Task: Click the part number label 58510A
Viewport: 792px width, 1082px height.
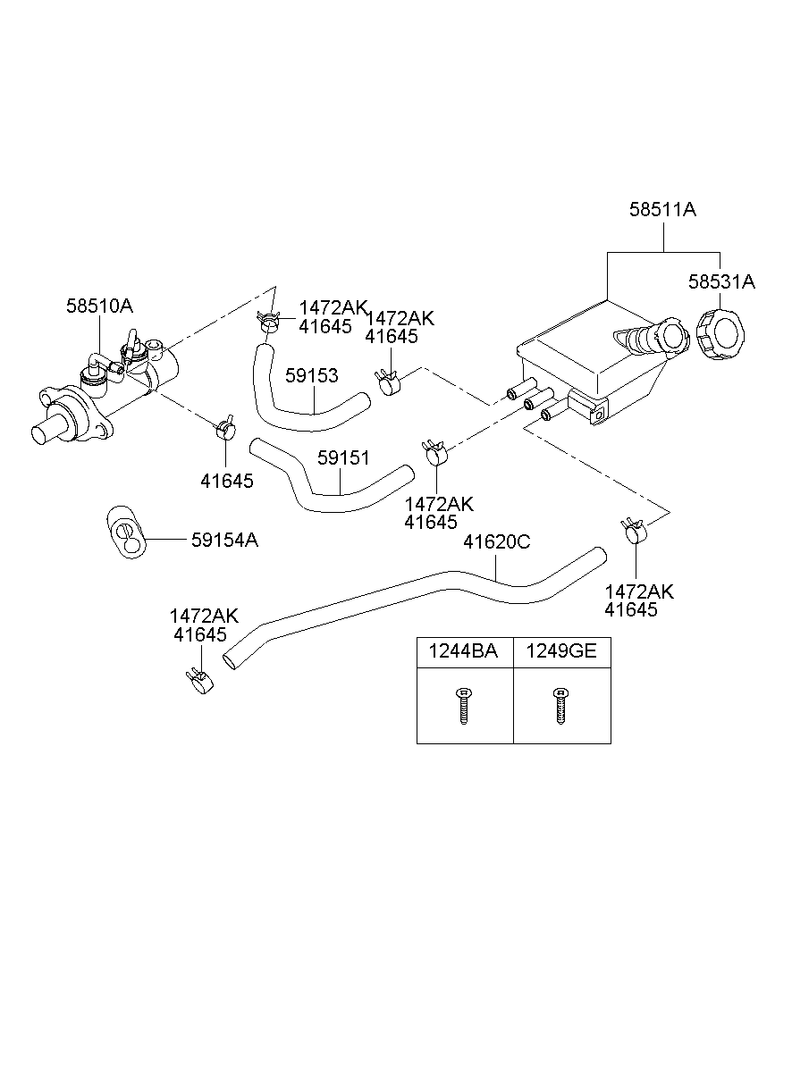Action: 99,306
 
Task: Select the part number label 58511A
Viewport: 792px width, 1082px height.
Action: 662,210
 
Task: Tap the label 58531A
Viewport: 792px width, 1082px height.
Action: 721,281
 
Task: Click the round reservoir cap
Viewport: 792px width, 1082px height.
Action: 720,335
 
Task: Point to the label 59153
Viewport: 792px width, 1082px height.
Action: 311,375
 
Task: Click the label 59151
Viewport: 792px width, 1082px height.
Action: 343,458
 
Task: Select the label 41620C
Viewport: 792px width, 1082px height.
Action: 497,541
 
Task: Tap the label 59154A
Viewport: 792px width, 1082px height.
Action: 224,540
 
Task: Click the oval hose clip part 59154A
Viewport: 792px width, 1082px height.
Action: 126,532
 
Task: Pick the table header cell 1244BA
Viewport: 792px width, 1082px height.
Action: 463,651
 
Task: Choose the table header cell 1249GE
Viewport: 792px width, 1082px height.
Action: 561,651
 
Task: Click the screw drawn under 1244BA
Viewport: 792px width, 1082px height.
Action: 464,706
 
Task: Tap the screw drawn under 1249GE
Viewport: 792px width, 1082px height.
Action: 560,706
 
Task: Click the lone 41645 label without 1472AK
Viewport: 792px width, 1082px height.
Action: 227,481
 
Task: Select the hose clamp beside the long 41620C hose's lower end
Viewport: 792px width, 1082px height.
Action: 199,681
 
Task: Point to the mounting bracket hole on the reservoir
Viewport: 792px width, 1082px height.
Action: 600,415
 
